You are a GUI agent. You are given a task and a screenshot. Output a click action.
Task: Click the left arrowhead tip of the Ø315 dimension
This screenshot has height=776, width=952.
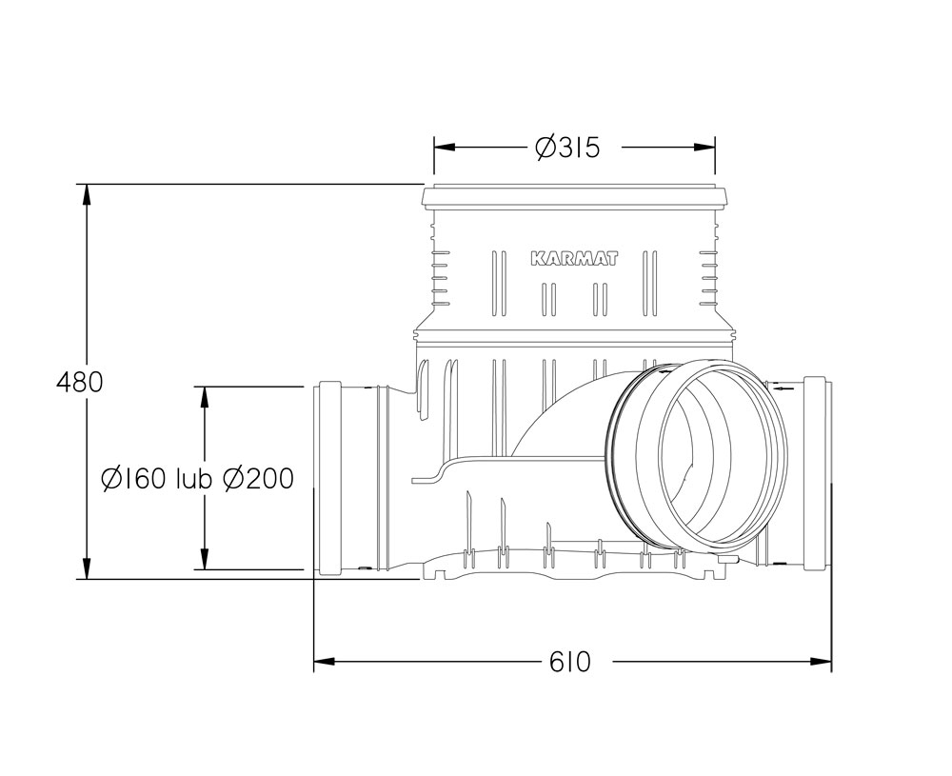tap(434, 147)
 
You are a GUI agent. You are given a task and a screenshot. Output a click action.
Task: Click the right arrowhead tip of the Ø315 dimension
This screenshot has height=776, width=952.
tap(715, 147)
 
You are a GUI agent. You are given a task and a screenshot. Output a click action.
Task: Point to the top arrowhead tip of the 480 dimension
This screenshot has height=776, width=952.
tap(87, 184)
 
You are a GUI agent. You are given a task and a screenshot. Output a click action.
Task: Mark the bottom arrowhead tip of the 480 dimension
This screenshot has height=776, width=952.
tap(87, 579)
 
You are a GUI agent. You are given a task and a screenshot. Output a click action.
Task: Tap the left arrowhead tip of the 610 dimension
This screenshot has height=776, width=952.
tap(314, 661)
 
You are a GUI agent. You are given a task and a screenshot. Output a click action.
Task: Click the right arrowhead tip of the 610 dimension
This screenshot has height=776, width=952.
tap(830, 661)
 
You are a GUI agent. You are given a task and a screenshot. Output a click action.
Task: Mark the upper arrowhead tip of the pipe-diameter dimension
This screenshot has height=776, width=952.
tap(205, 387)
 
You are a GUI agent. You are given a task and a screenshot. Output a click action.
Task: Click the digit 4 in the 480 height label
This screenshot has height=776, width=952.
tap(63, 383)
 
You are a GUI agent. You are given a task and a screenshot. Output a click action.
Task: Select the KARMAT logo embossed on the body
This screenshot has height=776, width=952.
tap(574, 259)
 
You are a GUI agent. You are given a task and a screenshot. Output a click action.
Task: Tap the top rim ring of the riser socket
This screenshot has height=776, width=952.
tap(574, 197)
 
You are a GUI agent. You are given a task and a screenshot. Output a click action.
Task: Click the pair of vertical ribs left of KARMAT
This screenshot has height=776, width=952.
tap(499, 284)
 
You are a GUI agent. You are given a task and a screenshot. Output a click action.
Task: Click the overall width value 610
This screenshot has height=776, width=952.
tap(569, 662)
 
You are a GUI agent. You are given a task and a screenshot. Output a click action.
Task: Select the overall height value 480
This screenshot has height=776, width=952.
tap(80, 383)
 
